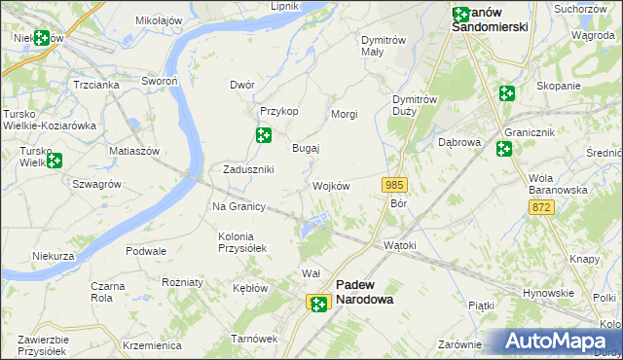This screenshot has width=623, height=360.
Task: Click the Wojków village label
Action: [331, 186]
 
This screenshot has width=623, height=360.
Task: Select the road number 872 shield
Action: [542, 208]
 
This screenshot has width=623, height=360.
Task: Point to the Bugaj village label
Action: [307, 149]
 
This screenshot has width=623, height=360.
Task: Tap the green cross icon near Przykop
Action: [263, 135]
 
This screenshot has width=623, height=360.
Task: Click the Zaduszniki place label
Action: [248, 169]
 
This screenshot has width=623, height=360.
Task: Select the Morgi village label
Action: [345, 115]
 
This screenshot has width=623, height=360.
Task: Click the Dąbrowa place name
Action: [460, 142]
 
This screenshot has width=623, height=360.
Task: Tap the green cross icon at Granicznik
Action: [503, 149]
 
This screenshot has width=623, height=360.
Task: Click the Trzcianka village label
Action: [95, 85]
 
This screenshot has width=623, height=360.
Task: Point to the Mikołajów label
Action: [160, 19]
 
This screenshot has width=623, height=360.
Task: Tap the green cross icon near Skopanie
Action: [506, 93]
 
